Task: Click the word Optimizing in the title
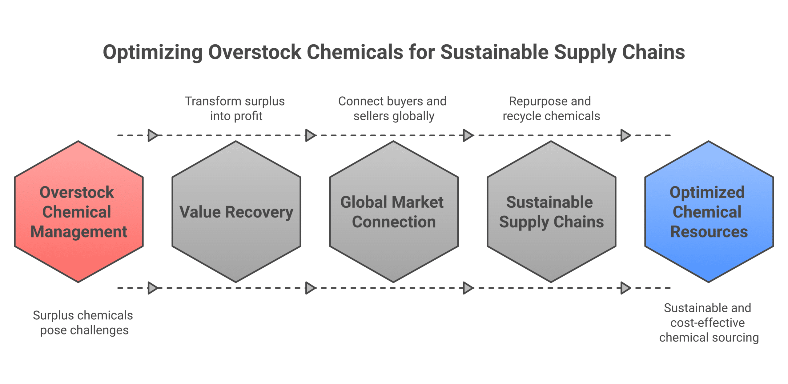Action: [x=152, y=52]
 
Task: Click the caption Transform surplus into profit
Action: [x=235, y=109]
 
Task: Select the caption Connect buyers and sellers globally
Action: [x=392, y=109]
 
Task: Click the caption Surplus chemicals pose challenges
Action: [x=83, y=323]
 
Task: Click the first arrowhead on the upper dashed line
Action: [x=152, y=135]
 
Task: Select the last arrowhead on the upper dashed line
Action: [x=625, y=135]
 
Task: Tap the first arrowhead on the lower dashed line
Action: [x=152, y=288]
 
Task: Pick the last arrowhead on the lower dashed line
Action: [x=625, y=288]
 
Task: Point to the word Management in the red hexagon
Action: [x=79, y=232]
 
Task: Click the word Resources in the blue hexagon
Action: [x=709, y=232]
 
